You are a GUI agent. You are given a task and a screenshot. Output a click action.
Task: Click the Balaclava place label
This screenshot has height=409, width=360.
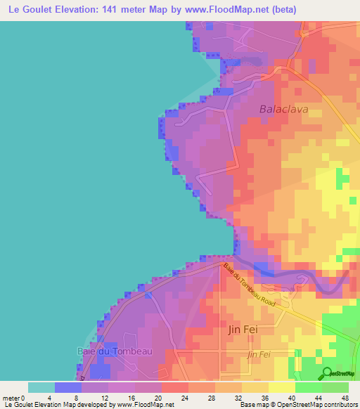(x=284, y=109)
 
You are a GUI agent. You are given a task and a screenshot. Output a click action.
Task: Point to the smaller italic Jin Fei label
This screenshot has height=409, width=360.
(x=259, y=355)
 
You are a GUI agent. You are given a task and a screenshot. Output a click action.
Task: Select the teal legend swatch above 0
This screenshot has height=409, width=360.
(x=41, y=387)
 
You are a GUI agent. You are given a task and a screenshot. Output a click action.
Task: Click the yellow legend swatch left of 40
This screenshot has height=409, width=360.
(x=282, y=387)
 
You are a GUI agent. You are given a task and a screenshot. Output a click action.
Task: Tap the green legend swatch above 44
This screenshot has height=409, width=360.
(x=309, y=387)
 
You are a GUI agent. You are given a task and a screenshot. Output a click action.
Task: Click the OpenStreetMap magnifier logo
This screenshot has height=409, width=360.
(x=326, y=372)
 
